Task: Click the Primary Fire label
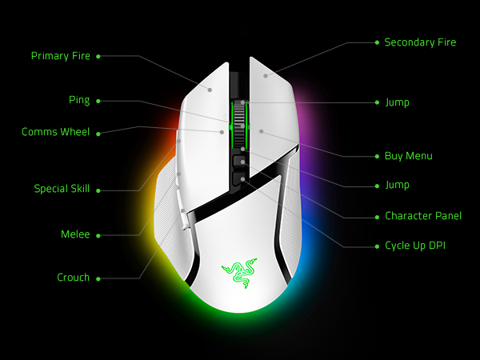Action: [x=61, y=56]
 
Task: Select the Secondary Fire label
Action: [x=420, y=42]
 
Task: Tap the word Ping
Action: [x=79, y=101]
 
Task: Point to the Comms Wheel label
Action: [x=56, y=132]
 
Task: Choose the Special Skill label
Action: [x=62, y=189]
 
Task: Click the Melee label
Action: [x=75, y=234]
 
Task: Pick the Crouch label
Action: [x=73, y=278]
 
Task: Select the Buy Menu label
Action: [x=408, y=156]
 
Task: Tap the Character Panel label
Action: [x=423, y=216]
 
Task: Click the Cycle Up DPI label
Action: [x=415, y=246]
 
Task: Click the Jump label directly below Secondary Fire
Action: [x=397, y=102]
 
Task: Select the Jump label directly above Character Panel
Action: [x=397, y=186]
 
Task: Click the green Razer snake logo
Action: [x=239, y=273]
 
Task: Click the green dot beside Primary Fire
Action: [x=98, y=56]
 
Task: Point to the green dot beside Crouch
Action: [x=98, y=279]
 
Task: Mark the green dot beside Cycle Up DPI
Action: [x=377, y=246]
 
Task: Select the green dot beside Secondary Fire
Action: [x=377, y=42]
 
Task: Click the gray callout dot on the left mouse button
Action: [x=210, y=90]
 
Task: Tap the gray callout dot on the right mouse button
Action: [x=266, y=76]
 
